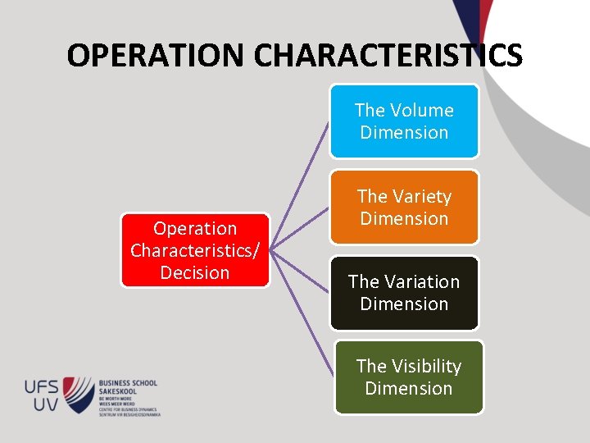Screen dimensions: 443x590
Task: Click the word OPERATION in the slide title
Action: tap(157, 56)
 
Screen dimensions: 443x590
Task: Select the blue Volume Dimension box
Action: tap(404, 121)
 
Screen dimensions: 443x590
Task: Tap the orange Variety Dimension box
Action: tap(404, 208)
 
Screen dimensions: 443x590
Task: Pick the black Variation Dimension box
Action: tap(404, 293)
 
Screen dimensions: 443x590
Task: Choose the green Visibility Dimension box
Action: tap(408, 377)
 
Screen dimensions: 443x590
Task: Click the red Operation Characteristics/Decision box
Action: tap(195, 250)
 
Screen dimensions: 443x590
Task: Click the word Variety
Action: tap(420, 196)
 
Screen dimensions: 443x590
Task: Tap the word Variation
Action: tap(425, 281)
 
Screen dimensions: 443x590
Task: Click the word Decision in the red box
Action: tap(195, 272)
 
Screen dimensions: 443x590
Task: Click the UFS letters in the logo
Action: tap(41, 385)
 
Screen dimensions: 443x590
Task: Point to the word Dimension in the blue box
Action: tap(404, 132)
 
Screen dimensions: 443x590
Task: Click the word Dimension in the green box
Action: tap(408, 388)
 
